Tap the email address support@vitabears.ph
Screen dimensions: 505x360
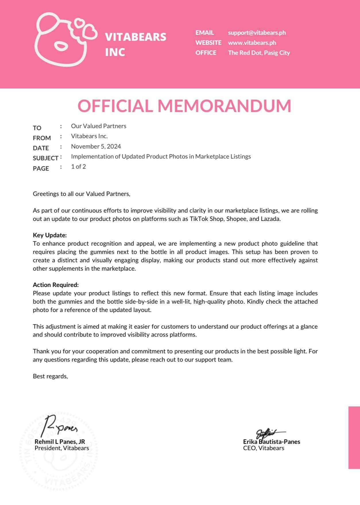(x=257, y=33)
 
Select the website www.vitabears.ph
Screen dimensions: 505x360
(x=252, y=43)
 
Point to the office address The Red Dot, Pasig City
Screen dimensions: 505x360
(x=259, y=53)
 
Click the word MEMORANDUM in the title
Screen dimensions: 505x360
(x=224, y=106)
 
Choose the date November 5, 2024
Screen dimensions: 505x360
(x=96, y=147)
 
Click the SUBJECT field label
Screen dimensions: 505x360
(x=45, y=158)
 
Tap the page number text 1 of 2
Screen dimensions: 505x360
(x=78, y=167)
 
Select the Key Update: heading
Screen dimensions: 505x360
(x=50, y=235)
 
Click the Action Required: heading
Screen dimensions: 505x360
(x=56, y=285)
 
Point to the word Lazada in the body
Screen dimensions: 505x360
(x=270, y=219)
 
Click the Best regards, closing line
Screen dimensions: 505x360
(x=50, y=376)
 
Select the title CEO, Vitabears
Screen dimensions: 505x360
(x=263, y=448)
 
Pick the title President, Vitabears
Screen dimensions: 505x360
(x=62, y=448)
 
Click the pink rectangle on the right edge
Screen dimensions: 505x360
(x=354, y=437)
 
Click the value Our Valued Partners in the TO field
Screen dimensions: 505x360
(x=98, y=126)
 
